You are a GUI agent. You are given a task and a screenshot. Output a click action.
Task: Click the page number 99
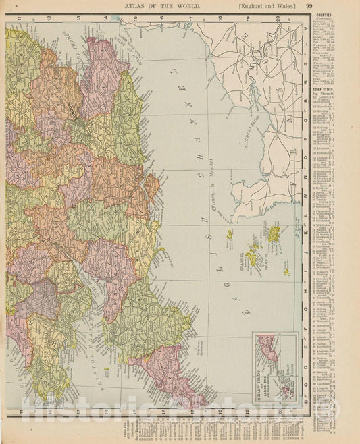tap(346, 6)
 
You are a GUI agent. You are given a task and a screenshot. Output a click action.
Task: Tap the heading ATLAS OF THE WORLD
tap(156, 6)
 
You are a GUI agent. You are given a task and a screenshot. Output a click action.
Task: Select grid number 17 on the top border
tap(192, 18)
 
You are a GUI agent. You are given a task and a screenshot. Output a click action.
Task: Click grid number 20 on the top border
tap(278, 18)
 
